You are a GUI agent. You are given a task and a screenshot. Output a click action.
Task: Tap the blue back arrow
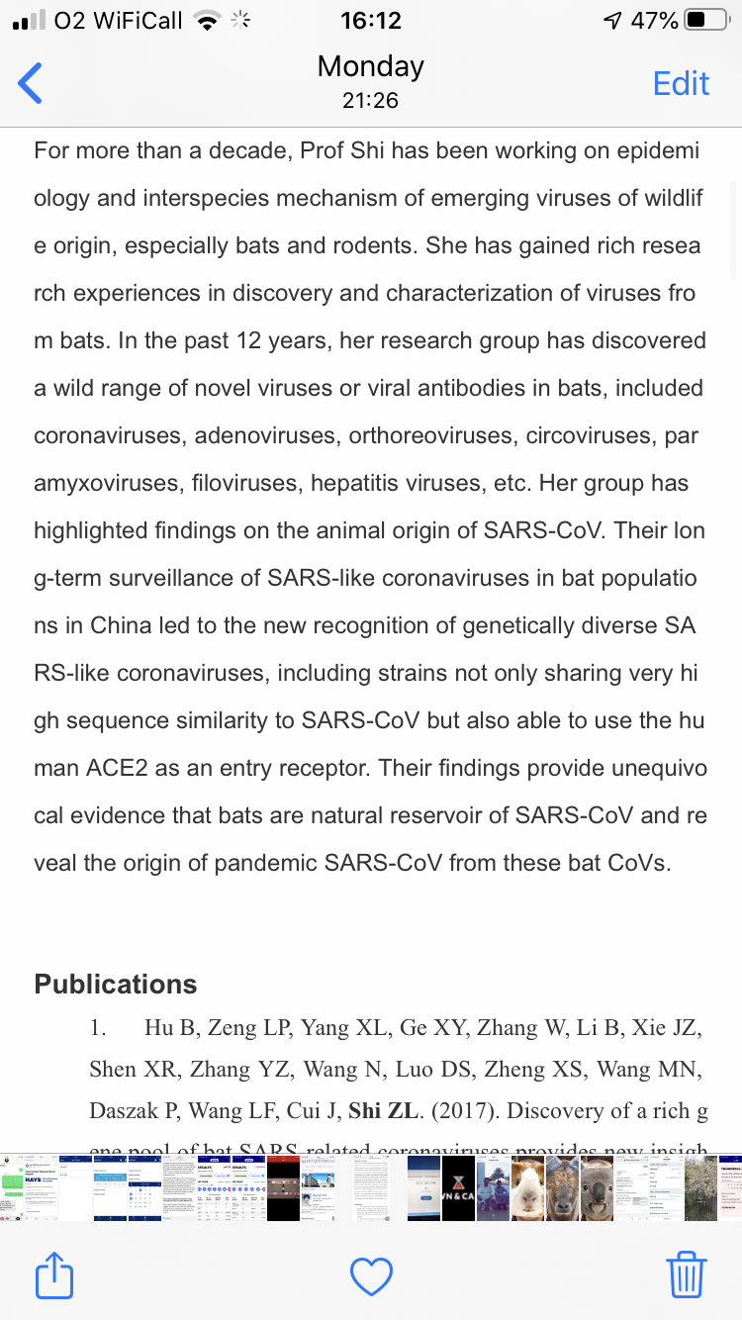pos(31,83)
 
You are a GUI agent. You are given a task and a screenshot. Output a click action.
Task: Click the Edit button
pos(681,83)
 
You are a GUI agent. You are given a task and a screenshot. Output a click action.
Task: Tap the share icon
pos(54,1275)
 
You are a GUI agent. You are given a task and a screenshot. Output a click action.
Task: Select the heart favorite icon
pos(372,1276)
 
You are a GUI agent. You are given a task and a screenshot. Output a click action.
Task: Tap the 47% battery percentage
pos(654,20)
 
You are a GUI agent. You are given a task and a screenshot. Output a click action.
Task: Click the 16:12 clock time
pos(370,20)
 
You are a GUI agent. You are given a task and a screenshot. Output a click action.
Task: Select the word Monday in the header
pos(370,66)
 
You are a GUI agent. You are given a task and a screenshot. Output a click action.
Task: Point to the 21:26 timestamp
pos(370,100)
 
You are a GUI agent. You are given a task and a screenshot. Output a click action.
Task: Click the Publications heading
pos(116,984)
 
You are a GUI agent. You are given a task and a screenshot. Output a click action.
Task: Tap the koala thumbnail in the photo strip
pos(597,1187)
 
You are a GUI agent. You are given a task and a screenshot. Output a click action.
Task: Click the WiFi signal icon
pos(207,20)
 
